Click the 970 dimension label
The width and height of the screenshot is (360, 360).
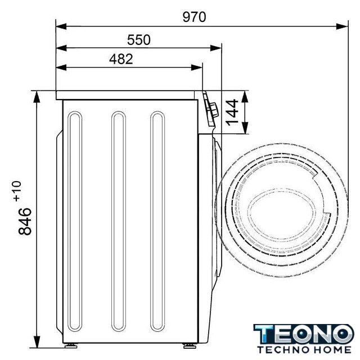click(194, 17)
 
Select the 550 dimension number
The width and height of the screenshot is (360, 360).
click(139, 39)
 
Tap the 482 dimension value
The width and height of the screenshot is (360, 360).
click(121, 59)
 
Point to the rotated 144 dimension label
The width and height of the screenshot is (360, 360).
click(232, 112)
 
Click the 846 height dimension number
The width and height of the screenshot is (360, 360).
click(25, 221)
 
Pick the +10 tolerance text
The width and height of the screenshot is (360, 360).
click(17, 191)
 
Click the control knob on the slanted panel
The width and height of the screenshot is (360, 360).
click(214, 110)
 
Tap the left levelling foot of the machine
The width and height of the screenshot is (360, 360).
click(71, 345)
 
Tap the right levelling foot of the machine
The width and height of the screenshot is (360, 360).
click(190, 345)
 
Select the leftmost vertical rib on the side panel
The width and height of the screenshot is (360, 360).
click(75, 221)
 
